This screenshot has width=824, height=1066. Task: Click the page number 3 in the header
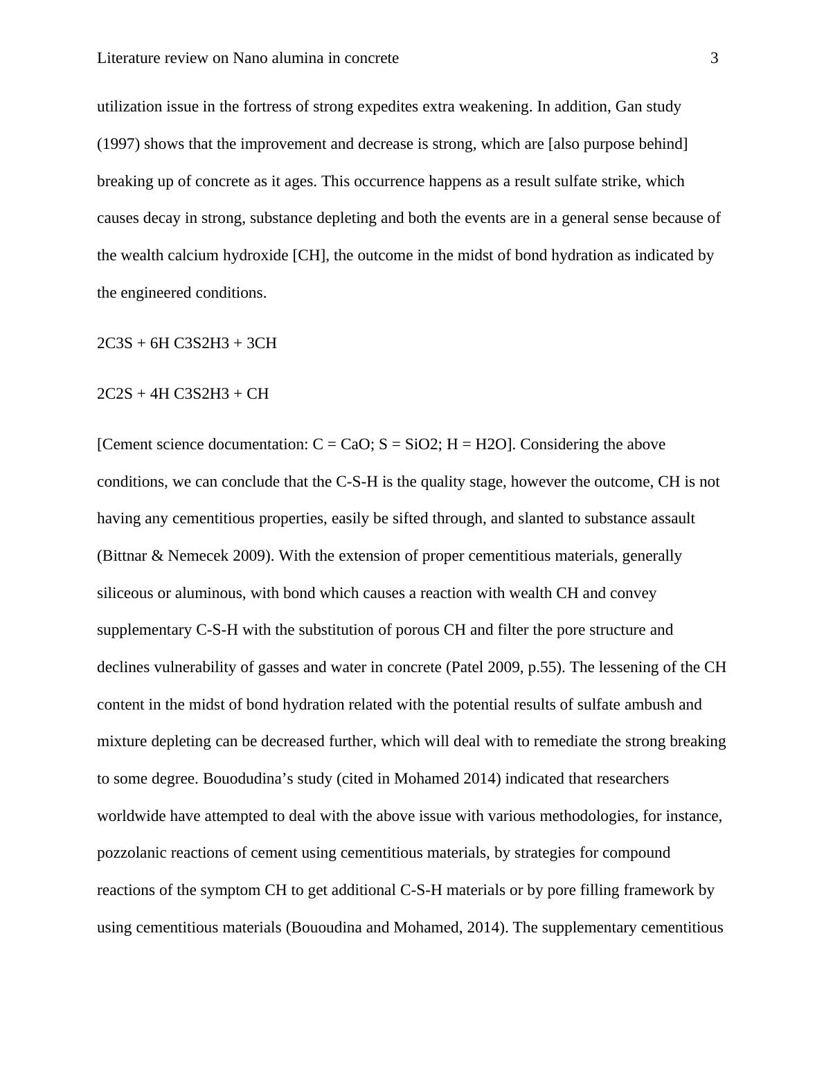[x=714, y=58]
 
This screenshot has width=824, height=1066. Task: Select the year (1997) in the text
[x=118, y=144]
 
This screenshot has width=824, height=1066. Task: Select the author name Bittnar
[x=127, y=556]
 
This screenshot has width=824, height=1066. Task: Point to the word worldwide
[x=131, y=816]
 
